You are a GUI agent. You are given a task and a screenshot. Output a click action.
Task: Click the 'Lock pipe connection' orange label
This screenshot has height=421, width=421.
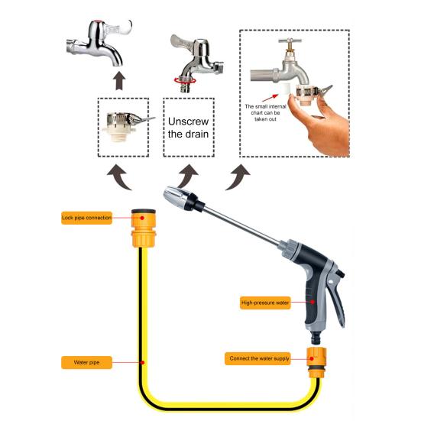pos(86,218)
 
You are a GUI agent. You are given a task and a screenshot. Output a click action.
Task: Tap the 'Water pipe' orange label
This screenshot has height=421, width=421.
pos(86,362)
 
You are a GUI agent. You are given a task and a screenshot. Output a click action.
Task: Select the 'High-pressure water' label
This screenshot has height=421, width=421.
pos(265,303)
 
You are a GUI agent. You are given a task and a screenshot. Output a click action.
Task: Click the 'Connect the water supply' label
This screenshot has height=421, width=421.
pos(257,358)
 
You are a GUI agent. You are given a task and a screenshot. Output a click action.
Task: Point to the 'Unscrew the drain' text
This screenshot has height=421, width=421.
pos(188,128)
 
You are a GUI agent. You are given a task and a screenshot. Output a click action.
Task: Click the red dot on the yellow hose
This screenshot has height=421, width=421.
pos(143,362)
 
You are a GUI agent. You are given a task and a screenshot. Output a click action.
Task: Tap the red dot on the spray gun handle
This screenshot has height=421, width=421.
pos(313,302)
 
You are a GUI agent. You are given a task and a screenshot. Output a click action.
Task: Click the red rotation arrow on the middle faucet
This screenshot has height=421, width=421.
pos(185,80)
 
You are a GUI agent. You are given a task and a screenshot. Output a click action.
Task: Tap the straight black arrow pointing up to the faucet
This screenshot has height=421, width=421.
pos(119,80)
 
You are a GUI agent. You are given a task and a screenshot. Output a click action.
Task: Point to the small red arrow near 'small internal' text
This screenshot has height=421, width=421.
pos(270,98)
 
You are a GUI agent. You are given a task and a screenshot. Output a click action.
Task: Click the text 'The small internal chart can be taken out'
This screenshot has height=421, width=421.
pos(265,113)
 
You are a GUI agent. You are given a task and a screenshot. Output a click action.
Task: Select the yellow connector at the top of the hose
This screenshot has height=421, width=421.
pos(144,228)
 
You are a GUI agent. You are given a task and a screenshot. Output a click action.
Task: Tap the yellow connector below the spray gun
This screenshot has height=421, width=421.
pos(316,362)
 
